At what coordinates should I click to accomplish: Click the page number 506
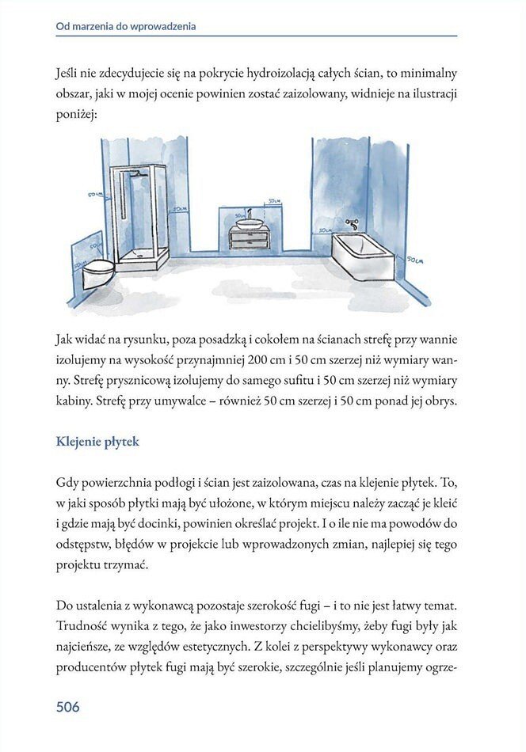(x=67, y=706)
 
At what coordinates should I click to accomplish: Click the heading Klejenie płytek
(x=97, y=441)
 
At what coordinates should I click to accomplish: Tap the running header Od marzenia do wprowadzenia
(x=126, y=26)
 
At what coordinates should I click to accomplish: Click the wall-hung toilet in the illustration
(x=98, y=272)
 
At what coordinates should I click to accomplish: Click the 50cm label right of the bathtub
(x=415, y=259)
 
